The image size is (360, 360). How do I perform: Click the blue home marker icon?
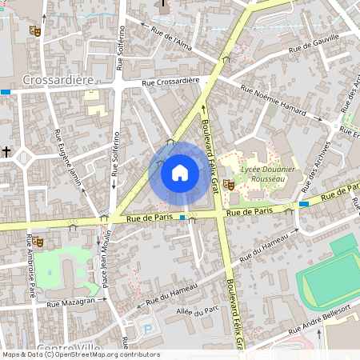tap(179, 172)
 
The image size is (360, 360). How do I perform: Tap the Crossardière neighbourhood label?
tap(58, 80)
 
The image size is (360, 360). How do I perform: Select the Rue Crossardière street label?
tap(170, 82)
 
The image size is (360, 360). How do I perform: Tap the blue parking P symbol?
tap(145, 329)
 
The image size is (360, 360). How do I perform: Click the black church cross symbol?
tap(6, 151)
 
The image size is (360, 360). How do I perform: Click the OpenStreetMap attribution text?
tap(80, 354)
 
